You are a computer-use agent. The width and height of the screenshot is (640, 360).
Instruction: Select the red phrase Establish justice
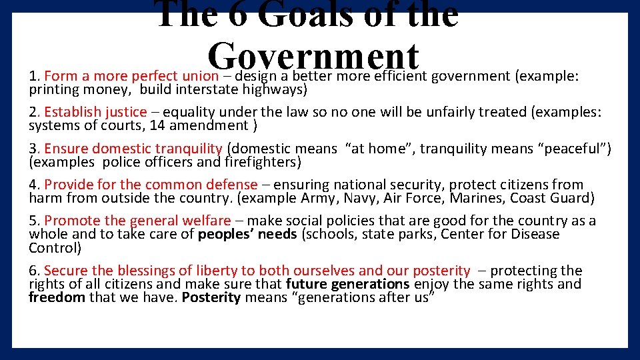(x=95, y=112)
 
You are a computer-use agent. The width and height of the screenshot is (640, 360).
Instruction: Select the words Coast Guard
(x=552, y=197)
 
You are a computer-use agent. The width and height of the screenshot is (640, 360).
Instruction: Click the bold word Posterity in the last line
(x=211, y=297)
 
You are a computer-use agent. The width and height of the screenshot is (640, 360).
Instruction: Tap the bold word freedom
(x=57, y=297)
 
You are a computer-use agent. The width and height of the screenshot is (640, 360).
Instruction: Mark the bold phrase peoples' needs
(x=247, y=234)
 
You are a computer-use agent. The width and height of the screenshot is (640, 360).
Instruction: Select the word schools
(x=329, y=234)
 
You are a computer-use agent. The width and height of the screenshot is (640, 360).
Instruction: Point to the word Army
(x=318, y=197)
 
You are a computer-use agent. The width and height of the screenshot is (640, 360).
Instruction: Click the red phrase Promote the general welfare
(x=137, y=221)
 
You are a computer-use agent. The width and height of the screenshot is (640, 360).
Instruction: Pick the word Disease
(x=535, y=234)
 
